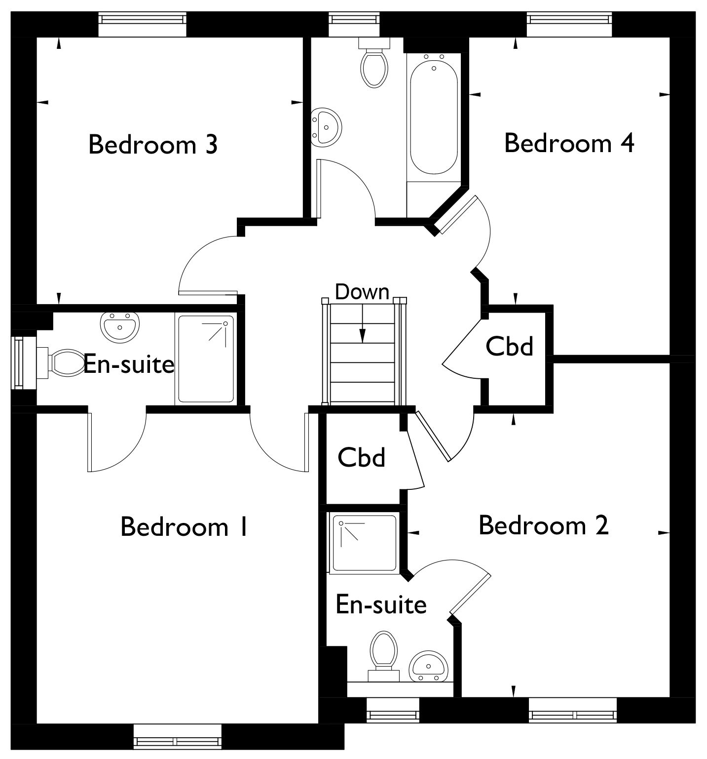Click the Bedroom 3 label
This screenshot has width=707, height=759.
(153, 145)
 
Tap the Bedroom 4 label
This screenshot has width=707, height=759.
(569, 143)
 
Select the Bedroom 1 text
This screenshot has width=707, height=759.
(184, 526)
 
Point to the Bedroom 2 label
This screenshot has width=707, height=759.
(544, 525)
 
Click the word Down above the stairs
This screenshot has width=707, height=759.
(362, 292)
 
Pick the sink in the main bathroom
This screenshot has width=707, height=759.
(326, 126)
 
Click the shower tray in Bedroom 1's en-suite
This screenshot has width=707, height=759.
(205, 359)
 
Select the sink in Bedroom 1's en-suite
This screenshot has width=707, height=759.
(120, 326)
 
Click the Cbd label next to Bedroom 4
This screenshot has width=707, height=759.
(510, 346)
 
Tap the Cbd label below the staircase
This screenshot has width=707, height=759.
(362, 457)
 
